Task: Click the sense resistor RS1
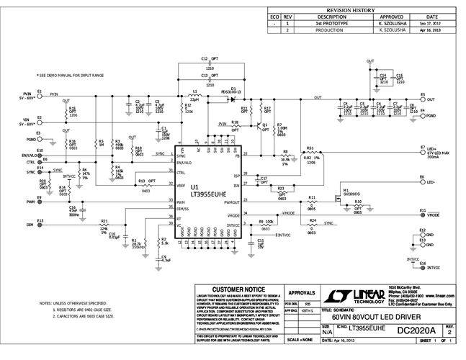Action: click(x=311, y=154)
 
